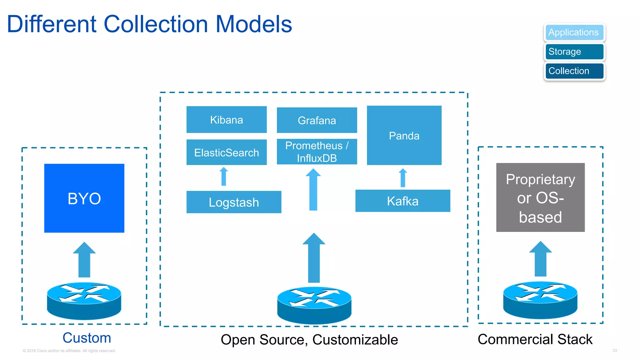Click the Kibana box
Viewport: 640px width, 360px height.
[226, 120]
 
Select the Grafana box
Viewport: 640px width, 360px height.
[317, 120]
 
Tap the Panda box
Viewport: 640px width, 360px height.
[404, 135]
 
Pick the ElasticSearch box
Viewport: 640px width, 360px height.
[226, 152]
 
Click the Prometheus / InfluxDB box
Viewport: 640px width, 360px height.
[317, 152]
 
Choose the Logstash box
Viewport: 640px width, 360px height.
[233, 202]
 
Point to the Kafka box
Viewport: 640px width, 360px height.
[402, 201]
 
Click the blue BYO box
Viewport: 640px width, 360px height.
[84, 198]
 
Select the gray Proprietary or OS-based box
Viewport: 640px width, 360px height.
[540, 197]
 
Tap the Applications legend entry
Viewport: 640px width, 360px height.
[574, 32]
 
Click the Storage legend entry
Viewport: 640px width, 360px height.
[574, 52]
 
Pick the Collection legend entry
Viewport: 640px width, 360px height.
[574, 71]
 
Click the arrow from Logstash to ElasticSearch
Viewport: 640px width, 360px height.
[223, 177]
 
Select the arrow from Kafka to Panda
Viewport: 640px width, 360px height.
[403, 178]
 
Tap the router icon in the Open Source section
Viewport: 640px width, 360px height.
[314, 305]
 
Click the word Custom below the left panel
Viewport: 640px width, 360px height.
[87, 338]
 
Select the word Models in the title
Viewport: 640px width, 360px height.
[253, 24]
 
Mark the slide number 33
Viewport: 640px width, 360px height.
[614, 350]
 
